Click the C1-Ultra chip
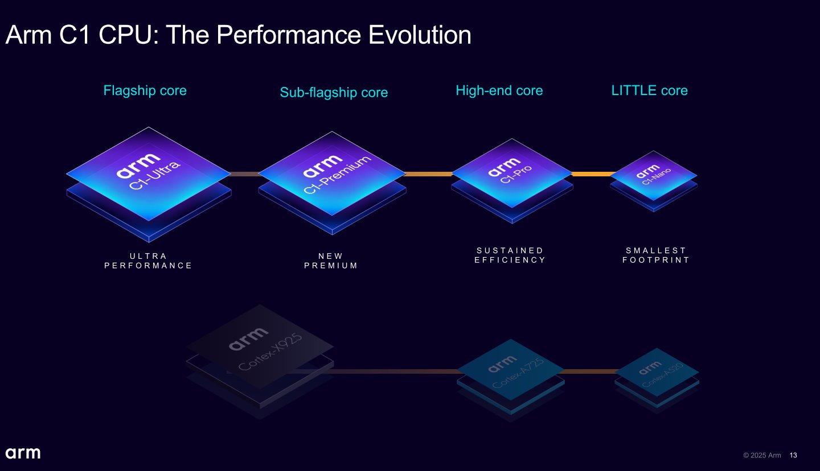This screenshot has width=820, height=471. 149,173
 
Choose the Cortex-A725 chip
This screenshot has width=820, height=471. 510,373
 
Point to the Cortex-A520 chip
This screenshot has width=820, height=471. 657,373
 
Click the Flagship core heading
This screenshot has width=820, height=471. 145,90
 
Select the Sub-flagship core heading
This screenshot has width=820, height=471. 334,92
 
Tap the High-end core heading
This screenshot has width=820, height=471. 499,90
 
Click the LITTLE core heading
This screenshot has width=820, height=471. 649,90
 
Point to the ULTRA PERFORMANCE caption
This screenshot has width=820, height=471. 149,261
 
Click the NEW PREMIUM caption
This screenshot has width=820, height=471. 331,261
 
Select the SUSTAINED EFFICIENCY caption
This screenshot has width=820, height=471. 510,255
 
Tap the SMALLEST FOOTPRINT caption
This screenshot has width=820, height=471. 656,255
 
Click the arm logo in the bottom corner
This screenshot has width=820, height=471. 23,453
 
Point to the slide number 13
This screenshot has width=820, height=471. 793,455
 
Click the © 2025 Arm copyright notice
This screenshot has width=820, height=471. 762,455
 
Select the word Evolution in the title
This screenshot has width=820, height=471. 420,35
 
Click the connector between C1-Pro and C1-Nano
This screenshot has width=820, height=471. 593,174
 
